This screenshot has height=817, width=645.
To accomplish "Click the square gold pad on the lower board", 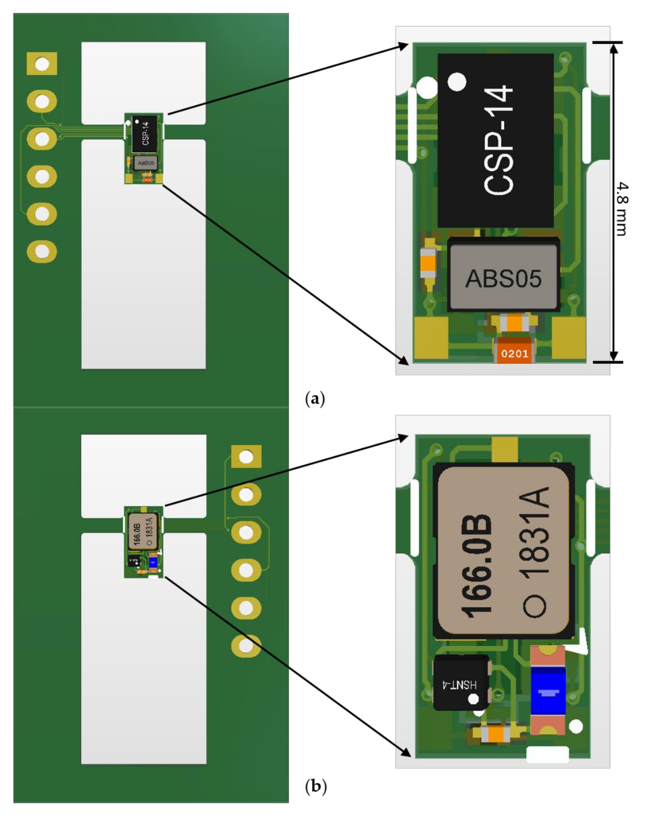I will click(x=246, y=457).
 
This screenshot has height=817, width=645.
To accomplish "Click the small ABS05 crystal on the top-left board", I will click(x=146, y=163).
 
